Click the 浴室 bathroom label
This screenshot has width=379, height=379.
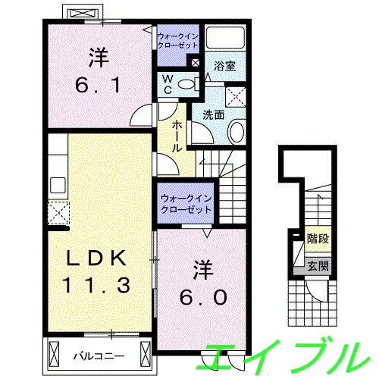tap(225, 66)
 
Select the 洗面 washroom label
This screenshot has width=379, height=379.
tap(213, 116)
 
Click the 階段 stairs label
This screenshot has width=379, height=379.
tap(317, 238)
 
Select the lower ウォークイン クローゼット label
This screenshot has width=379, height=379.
tap(184, 204)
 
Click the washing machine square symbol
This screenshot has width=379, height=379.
tap(236, 97)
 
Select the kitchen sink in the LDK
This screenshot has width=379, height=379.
tap(57, 184)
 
